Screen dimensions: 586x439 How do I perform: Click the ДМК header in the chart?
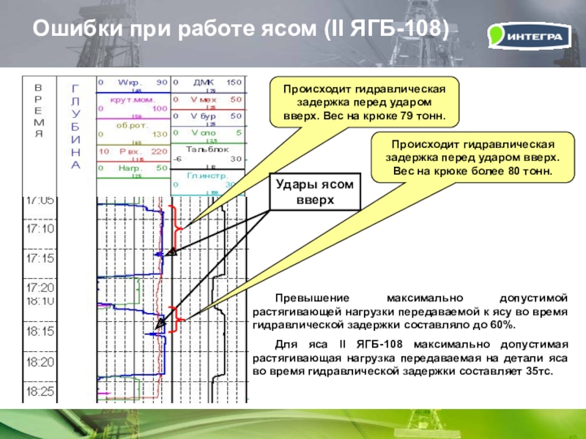point(202,82)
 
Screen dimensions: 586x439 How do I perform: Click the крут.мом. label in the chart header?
point(131,99)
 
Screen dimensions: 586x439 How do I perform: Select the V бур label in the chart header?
point(204,116)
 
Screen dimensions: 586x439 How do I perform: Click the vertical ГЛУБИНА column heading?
point(75,126)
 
